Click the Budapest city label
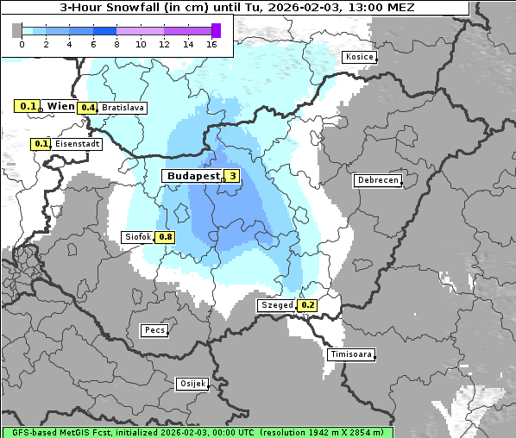[192, 176]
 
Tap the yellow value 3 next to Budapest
[231, 176]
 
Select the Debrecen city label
[377, 180]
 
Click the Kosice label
[359, 57]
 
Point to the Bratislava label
[123, 108]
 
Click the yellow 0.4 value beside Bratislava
[87, 108]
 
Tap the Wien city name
[61, 106]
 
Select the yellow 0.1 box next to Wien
[28, 106]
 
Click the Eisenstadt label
[77, 144]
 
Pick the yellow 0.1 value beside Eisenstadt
[41, 144]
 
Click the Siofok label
[138, 237]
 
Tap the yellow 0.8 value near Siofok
[165, 237]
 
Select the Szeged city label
[276, 305]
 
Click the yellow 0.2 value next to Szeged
[307, 305]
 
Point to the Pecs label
[154, 330]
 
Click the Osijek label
[192, 384]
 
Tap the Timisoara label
[351, 354]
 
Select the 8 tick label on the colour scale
[116, 43]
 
